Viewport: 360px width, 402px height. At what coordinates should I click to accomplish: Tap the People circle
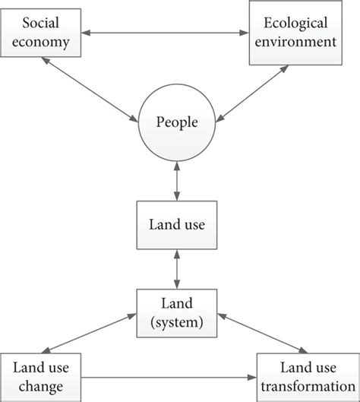point(176,120)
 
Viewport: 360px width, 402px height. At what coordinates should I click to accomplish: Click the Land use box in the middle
point(177,226)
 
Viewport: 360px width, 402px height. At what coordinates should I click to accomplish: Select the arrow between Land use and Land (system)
point(177,268)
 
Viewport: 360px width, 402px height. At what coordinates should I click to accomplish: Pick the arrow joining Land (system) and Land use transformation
point(254,337)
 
